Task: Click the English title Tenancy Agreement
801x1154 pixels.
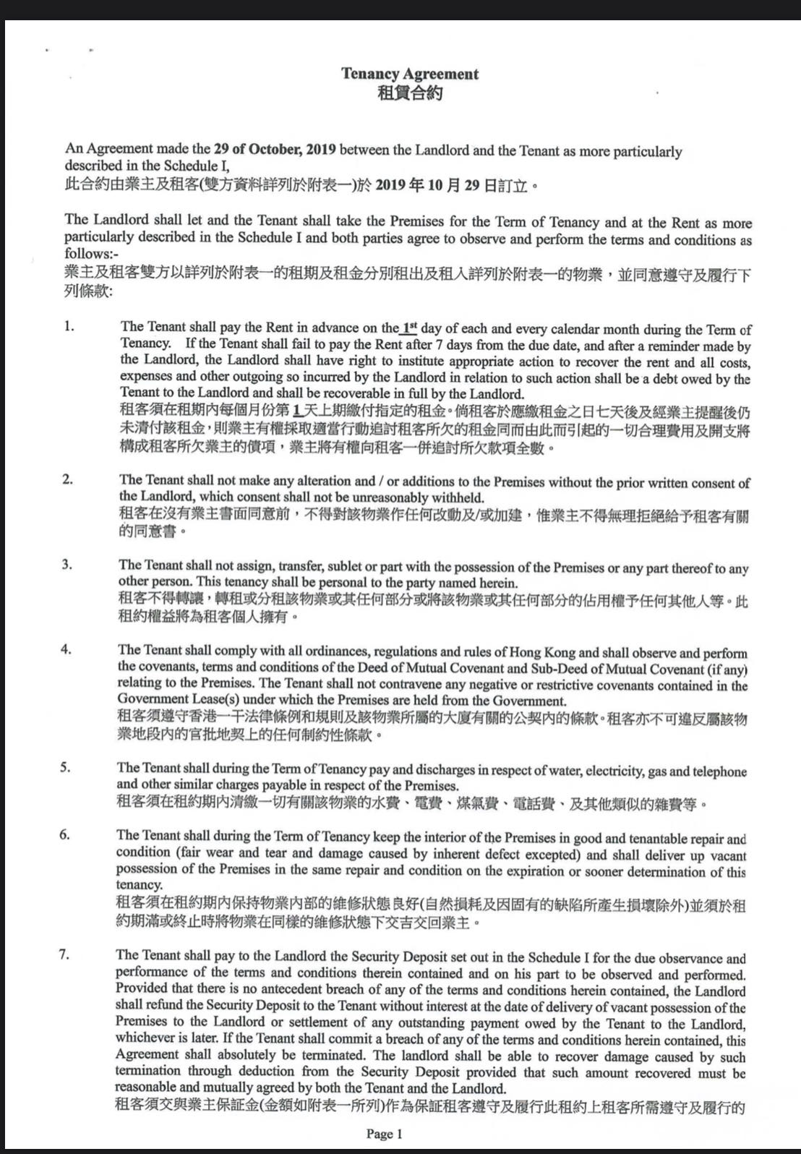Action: (x=410, y=74)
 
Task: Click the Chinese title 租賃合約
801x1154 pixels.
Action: (x=410, y=93)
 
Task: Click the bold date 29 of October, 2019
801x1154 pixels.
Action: (x=275, y=150)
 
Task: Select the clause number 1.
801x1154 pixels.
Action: (x=68, y=327)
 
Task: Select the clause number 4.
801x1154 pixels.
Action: (x=66, y=649)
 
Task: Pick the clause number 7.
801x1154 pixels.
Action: (x=64, y=954)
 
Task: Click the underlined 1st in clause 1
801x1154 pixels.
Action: (x=409, y=327)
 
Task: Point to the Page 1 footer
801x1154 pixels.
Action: (x=384, y=1134)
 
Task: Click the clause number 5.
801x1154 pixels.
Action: (x=65, y=766)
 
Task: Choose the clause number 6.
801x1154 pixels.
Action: (x=65, y=835)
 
